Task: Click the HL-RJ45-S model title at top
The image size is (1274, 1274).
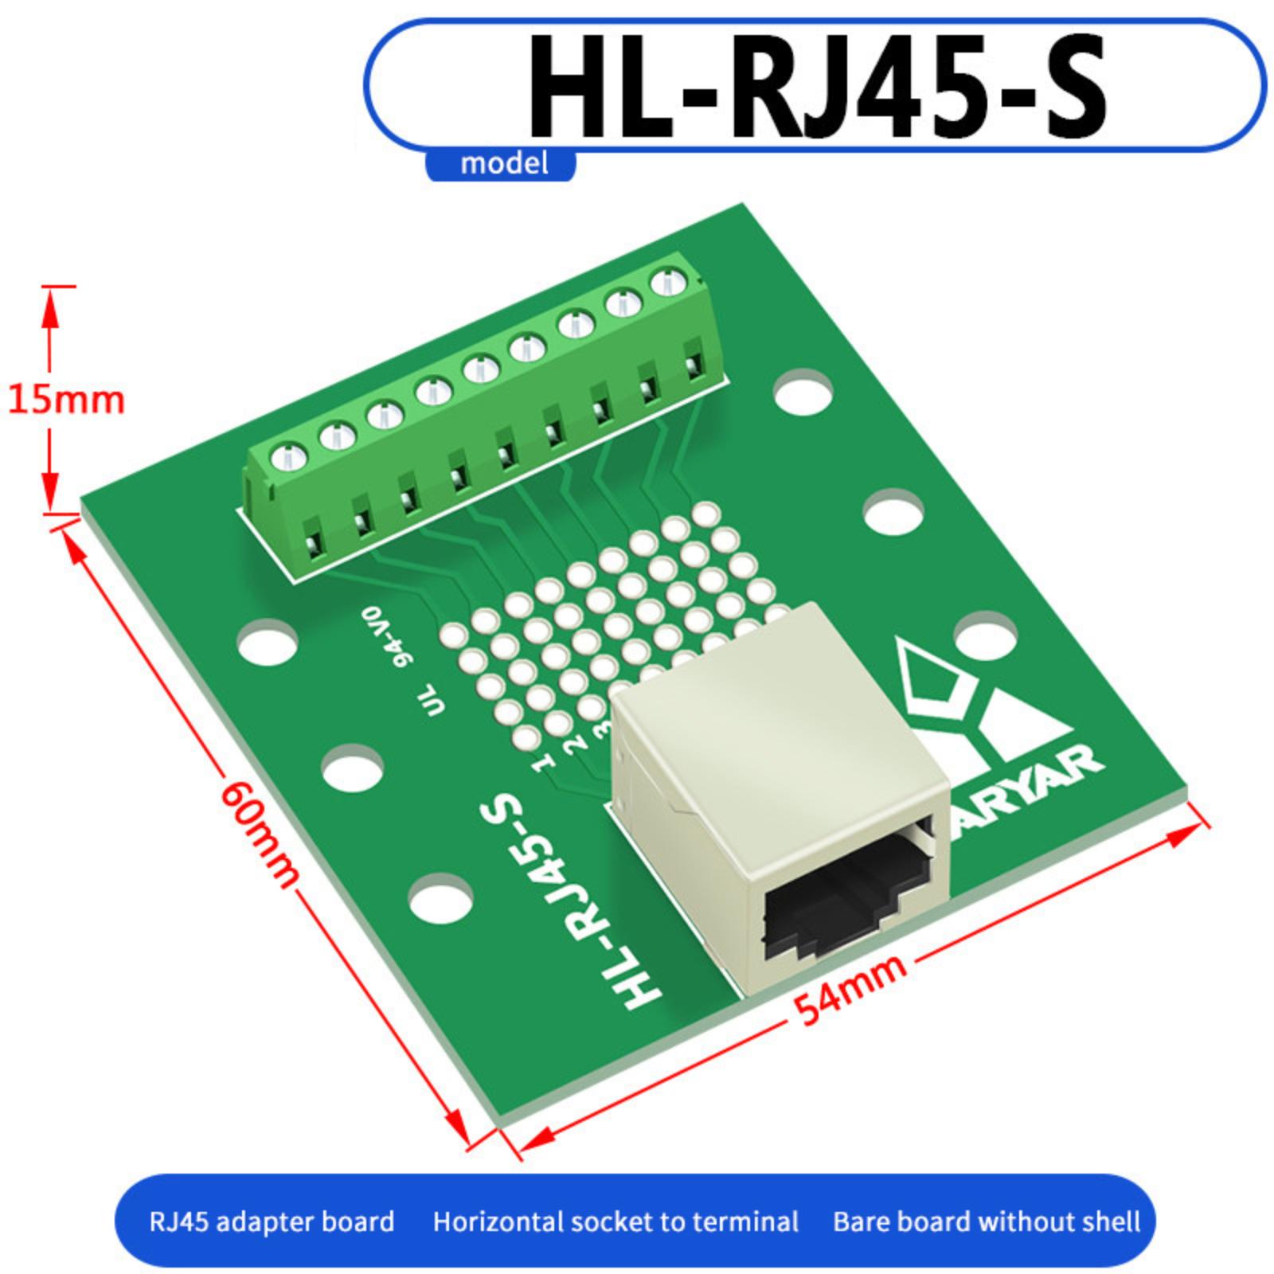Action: click(817, 86)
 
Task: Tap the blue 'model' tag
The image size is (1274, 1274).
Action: click(503, 164)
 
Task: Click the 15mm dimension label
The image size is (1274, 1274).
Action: click(66, 398)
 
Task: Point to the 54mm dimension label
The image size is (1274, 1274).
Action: click(850, 988)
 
